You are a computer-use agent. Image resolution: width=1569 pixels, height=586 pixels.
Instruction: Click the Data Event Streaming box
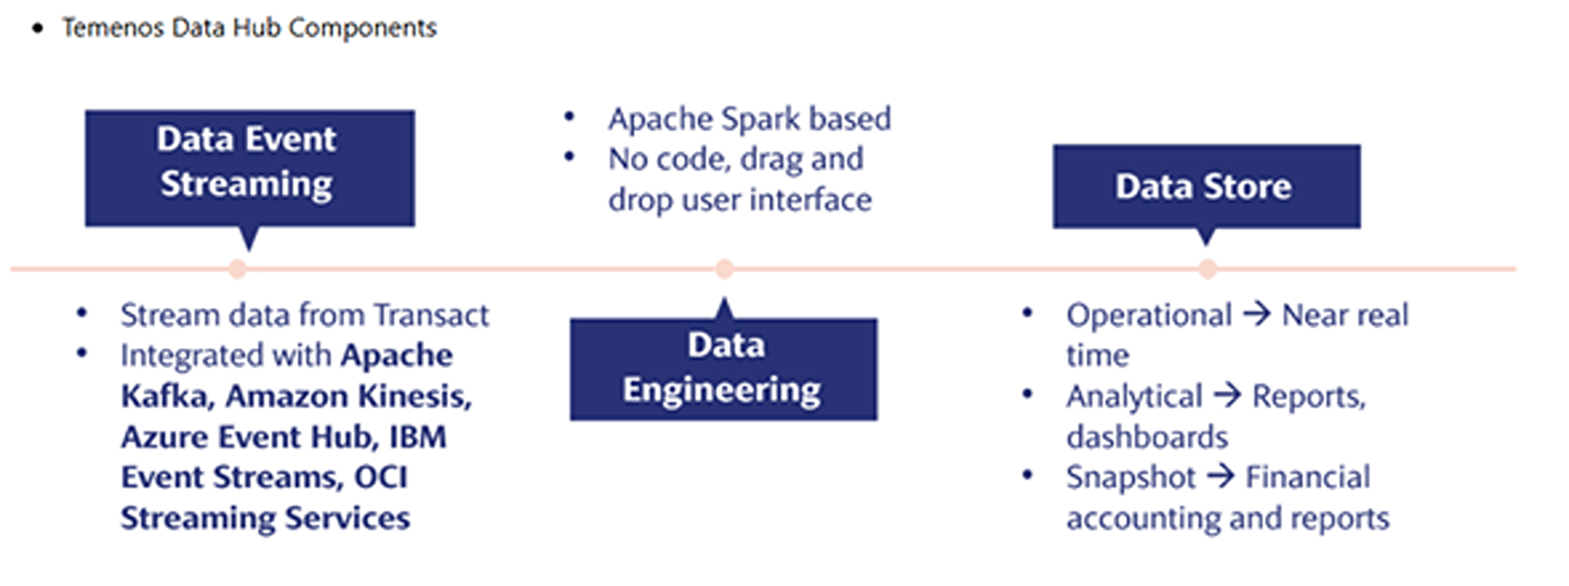pyautogui.click(x=250, y=168)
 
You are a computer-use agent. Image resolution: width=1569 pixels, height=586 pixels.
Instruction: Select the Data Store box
pyautogui.click(x=1206, y=186)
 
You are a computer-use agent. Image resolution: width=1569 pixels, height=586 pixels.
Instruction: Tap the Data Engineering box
pyautogui.click(x=723, y=369)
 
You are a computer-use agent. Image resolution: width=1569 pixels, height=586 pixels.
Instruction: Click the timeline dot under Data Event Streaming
pyautogui.click(x=238, y=269)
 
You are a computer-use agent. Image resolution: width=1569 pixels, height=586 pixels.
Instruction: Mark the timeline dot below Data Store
pyautogui.click(x=1207, y=269)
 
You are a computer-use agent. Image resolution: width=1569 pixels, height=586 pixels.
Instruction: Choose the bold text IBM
pyautogui.click(x=418, y=437)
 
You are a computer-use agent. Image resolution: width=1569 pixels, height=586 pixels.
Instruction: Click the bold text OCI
pyautogui.click(x=381, y=477)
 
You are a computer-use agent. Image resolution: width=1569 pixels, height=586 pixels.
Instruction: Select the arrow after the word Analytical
pyautogui.click(x=1227, y=396)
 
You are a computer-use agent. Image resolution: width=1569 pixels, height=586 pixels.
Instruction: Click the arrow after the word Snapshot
pyautogui.click(x=1220, y=477)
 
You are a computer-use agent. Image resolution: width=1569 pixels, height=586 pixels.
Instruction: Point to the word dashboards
pyautogui.click(x=1147, y=437)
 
